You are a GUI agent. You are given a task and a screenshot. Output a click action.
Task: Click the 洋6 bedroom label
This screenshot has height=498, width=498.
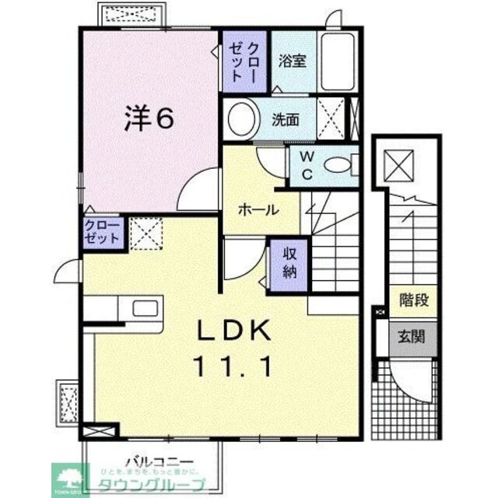click(x=148, y=117)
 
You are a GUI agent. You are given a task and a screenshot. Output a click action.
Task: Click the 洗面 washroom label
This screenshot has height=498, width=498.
click(x=286, y=121)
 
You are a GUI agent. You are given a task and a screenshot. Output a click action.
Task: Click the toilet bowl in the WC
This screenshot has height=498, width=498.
click(x=336, y=164)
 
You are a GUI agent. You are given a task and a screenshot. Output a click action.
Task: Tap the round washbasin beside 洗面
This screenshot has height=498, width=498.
click(x=243, y=120)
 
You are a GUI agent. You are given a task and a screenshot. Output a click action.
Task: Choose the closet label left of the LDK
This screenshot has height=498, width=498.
click(x=103, y=233)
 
